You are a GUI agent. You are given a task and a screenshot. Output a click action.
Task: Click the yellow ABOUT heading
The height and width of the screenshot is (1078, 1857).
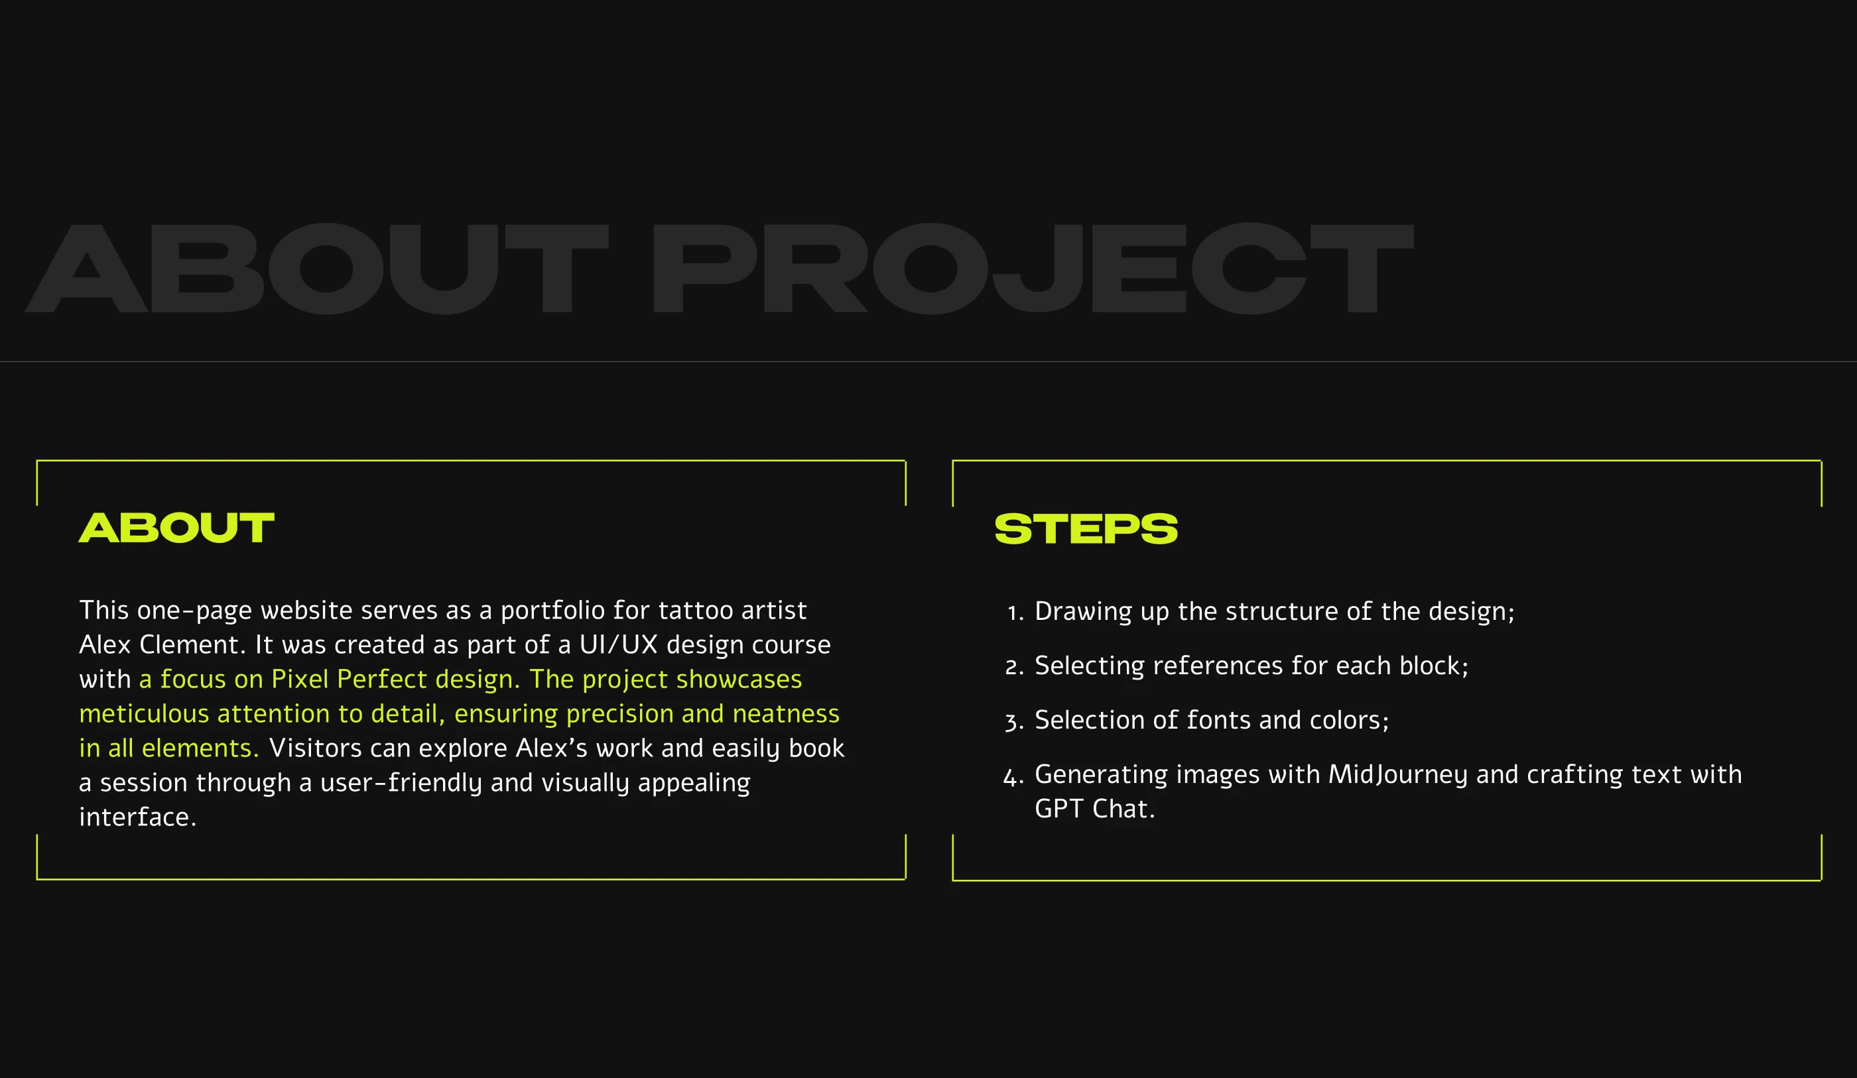coord(177,528)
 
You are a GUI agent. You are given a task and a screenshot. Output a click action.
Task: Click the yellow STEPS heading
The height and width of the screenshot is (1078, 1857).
coord(1086,529)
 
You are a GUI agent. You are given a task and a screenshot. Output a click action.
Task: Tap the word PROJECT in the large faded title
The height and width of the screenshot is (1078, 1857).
coord(1033,269)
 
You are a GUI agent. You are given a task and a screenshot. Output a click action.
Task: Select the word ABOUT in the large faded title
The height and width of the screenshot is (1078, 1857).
coord(317,269)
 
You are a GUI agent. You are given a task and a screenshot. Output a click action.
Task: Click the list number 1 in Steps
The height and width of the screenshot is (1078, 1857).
coord(1015,613)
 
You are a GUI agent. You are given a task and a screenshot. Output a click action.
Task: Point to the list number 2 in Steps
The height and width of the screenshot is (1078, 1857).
coord(1014,667)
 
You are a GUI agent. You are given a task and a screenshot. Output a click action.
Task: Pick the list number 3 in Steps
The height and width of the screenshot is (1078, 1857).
coord(1014,721)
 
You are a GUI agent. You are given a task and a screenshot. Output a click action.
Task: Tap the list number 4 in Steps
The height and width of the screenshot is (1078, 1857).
coord(1013,776)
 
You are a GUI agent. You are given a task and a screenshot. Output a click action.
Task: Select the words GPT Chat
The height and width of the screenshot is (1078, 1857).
coord(1095,809)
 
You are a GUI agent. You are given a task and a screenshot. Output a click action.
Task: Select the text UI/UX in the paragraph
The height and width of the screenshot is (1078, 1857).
coord(618,644)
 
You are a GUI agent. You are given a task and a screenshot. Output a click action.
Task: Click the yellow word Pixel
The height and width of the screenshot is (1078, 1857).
coord(299,679)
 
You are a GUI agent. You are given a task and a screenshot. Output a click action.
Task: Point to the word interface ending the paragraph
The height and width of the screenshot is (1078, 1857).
coord(137,817)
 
